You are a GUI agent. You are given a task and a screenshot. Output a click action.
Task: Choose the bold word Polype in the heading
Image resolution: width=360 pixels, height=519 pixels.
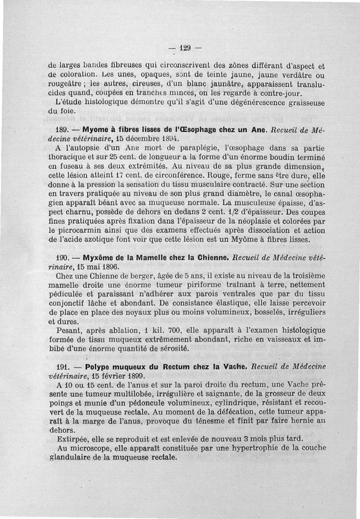(x=98, y=367)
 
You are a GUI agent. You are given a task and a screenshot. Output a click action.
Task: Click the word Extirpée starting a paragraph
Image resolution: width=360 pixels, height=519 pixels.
(x=73, y=439)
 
